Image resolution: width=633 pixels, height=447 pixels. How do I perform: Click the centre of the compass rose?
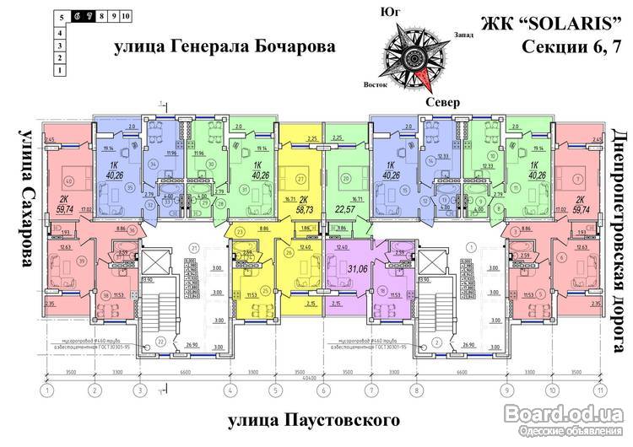[416, 56]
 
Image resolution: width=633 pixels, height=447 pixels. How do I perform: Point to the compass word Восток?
[375, 85]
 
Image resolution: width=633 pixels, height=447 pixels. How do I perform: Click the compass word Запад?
[463, 35]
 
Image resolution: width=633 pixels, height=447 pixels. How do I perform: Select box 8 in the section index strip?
[100, 16]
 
